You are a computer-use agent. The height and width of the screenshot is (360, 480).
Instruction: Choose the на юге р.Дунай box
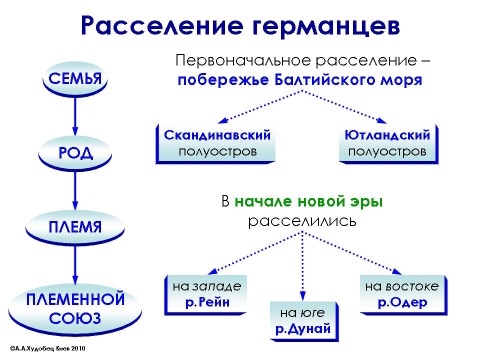pyautogui.click(x=299, y=320)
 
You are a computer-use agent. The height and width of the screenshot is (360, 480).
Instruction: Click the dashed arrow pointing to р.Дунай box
pyautogui.click(x=300, y=265)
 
